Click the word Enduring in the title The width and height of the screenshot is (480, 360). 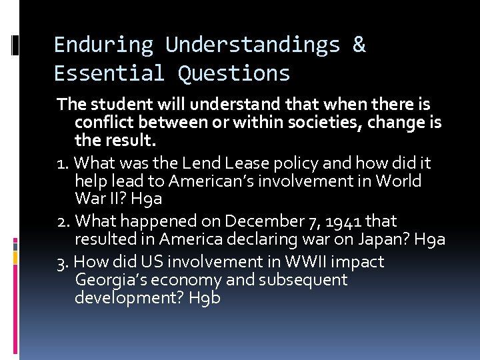(x=103, y=45)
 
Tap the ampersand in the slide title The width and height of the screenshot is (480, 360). (x=359, y=45)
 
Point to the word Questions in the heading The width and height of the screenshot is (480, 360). (x=234, y=73)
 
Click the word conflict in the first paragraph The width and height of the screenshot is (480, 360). (x=104, y=123)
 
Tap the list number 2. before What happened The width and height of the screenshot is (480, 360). (x=64, y=221)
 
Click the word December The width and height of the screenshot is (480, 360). (x=257, y=221)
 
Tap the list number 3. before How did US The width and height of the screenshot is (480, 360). (x=64, y=261)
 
